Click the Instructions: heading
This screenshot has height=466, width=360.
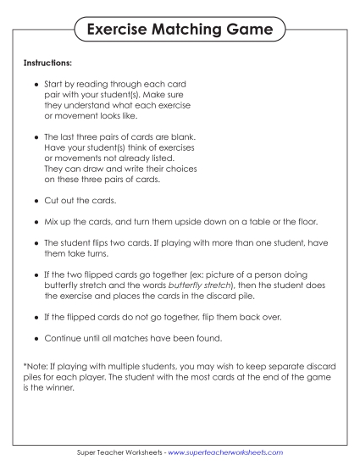pos(48,64)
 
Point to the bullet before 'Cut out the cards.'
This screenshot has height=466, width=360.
pos(36,203)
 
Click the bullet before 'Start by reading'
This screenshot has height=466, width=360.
pos(36,86)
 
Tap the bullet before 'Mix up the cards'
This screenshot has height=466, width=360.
pos(36,223)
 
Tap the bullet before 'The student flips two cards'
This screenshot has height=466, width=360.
pos(36,242)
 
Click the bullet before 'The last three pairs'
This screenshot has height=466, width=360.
pos(36,136)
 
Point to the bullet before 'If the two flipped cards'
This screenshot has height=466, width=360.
pos(36,276)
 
